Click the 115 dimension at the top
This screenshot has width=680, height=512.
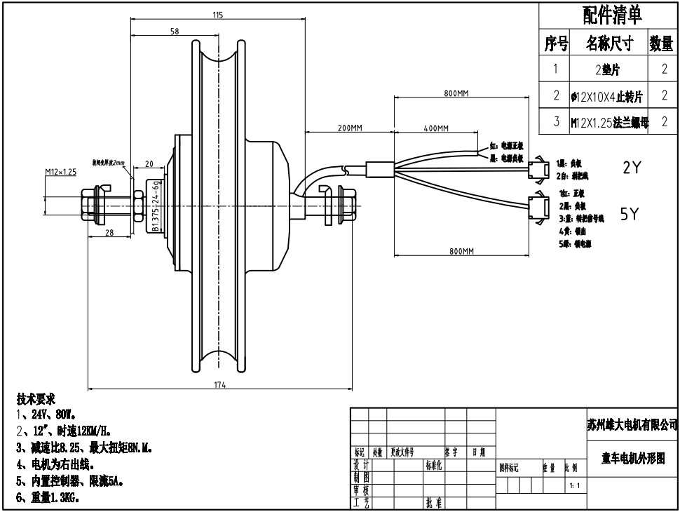pyautogui.click(x=217, y=15)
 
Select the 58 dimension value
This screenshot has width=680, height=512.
pyautogui.click(x=175, y=32)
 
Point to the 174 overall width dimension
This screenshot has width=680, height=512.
pyautogui.click(x=219, y=384)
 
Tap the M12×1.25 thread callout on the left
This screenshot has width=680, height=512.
pyautogui.click(x=60, y=172)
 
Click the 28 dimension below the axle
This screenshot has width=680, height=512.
pyautogui.click(x=109, y=233)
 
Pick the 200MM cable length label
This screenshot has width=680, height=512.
pyautogui.click(x=350, y=128)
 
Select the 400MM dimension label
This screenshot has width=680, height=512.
pyautogui.click(x=435, y=128)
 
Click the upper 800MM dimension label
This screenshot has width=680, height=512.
pyautogui.click(x=456, y=94)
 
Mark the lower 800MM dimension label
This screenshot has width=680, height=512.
pyautogui.click(x=461, y=251)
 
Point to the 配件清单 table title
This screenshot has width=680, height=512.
pyautogui.click(x=612, y=14)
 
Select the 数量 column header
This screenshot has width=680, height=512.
pyautogui.click(x=661, y=44)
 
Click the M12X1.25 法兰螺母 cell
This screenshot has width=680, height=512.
pyautogui.click(x=609, y=122)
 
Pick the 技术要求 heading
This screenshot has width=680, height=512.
pyautogui.click(x=36, y=399)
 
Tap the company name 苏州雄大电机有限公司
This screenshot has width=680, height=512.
pyautogui.click(x=632, y=424)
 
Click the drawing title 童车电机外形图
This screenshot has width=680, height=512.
pyautogui.click(x=633, y=458)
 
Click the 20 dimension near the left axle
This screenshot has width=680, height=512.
pyautogui.click(x=149, y=164)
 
